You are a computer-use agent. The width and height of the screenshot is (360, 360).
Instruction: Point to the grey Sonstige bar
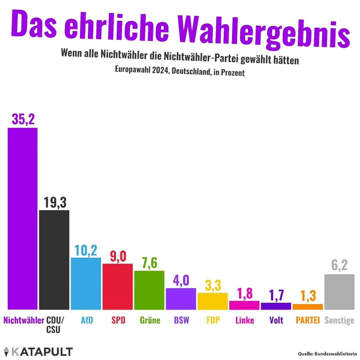[x=339, y=292]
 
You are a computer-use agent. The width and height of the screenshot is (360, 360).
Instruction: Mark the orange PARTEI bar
[x=308, y=307]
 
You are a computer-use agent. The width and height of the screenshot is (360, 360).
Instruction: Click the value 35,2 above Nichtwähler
[x=23, y=119]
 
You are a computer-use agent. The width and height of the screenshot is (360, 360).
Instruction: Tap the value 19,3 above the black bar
[x=55, y=202]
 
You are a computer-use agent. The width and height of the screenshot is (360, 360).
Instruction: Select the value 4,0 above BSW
[x=181, y=280]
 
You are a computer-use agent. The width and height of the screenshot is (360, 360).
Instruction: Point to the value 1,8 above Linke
[x=245, y=294]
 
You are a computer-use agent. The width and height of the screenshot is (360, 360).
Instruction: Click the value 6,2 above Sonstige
[x=339, y=265]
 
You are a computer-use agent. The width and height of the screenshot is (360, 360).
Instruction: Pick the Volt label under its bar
[x=276, y=320]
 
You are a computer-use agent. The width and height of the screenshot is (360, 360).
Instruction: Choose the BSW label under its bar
[x=181, y=320]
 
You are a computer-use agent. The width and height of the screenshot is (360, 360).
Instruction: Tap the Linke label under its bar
[x=245, y=320]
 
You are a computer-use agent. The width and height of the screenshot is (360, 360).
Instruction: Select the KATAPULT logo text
[x=42, y=352]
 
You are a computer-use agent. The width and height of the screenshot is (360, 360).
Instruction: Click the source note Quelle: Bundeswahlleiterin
[x=327, y=354]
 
